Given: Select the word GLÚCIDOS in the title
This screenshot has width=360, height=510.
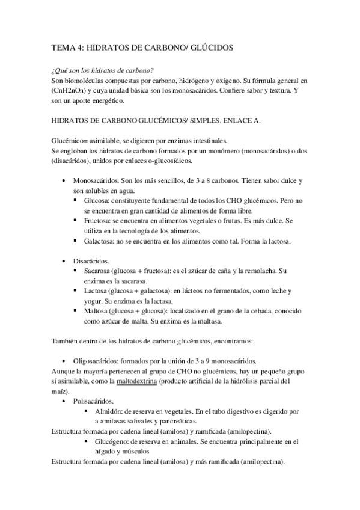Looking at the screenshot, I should point(210,46).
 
